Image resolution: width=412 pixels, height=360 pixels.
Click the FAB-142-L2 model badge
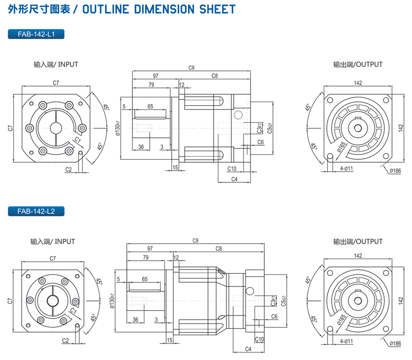[36, 211]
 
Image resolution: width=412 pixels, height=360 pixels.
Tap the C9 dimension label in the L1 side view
[191, 68]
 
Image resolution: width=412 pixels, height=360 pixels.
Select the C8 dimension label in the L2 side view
[218, 248]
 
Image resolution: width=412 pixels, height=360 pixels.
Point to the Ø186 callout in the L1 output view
[395, 171]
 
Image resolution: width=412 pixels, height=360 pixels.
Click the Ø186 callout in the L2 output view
[395, 344]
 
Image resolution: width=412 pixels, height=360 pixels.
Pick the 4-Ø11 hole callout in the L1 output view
[346, 168]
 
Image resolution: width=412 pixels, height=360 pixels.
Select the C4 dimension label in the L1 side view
[234, 180]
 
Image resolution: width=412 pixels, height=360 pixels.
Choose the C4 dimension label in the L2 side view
[248, 349]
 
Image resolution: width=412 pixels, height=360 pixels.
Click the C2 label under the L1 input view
[69, 169]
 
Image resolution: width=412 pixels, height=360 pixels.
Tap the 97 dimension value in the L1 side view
[156, 76]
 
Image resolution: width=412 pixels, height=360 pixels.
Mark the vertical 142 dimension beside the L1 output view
[402, 127]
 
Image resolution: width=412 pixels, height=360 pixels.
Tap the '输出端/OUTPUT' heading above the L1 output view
[358, 64]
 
